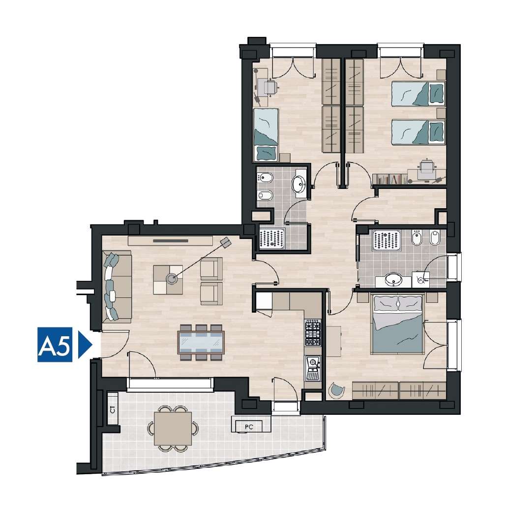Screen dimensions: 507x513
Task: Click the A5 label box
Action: [55, 345]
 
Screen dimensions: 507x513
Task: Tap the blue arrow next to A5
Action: [84, 345]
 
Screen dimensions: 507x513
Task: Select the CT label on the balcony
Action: [113, 409]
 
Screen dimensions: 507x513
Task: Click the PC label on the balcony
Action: [249, 427]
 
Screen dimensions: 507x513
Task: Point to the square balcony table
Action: [173, 429]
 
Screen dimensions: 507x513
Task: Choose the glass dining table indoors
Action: [201, 343]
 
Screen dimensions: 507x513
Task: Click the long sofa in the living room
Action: [117, 287]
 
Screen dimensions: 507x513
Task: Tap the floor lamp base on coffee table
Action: [171, 279]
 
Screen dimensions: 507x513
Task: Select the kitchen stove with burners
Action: [312, 333]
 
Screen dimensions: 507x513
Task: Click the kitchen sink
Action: [313, 368]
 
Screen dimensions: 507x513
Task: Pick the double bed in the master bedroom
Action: [397, 324]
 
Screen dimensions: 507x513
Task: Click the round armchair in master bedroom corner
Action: [336, 391]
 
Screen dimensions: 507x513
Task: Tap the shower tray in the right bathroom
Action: [386, 241]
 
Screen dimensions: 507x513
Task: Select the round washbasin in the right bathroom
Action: [393, 280]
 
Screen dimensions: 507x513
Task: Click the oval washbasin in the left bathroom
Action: [299, 184]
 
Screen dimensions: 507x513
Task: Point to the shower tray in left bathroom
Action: [272, 239]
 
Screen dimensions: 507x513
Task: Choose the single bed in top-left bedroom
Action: [266, 135]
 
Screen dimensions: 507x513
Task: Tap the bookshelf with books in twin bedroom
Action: [389, 179]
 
